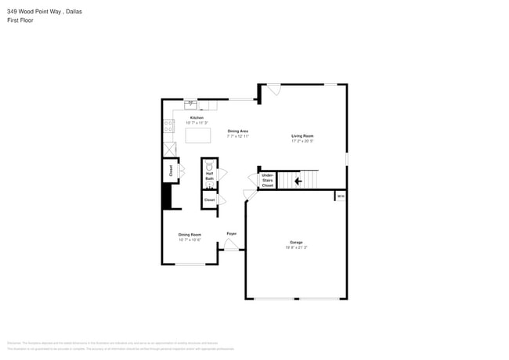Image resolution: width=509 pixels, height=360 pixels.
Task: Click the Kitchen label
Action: coord(197,118)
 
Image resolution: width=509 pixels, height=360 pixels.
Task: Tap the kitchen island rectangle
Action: coord(198,135)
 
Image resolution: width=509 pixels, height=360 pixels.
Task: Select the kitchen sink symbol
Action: coord(190,103)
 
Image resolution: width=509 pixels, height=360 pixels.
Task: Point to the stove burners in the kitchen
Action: coord(168,124)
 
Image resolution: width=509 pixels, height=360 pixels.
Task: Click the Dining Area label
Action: coord(238,131)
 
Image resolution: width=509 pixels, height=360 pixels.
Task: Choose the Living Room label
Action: coord(302,136)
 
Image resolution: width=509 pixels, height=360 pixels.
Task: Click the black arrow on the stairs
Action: coord(298,182)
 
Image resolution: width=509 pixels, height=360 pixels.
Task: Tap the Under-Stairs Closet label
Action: coord(268,181)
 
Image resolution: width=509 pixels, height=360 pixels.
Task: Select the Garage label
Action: coord(295,243)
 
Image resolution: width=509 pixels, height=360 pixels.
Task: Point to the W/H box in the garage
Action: coord(340,196)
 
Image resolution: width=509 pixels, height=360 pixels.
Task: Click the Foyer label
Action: coord(232,233)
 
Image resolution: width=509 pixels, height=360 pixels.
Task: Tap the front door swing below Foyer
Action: coord(231,245)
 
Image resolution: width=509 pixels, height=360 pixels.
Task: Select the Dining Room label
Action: coord(190,235)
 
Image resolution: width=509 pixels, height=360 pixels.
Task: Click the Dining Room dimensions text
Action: coord(190,240)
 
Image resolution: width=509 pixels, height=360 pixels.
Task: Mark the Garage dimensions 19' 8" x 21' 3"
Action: coord(295,248)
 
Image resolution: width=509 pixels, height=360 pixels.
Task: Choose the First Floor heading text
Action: coord(20,20)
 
